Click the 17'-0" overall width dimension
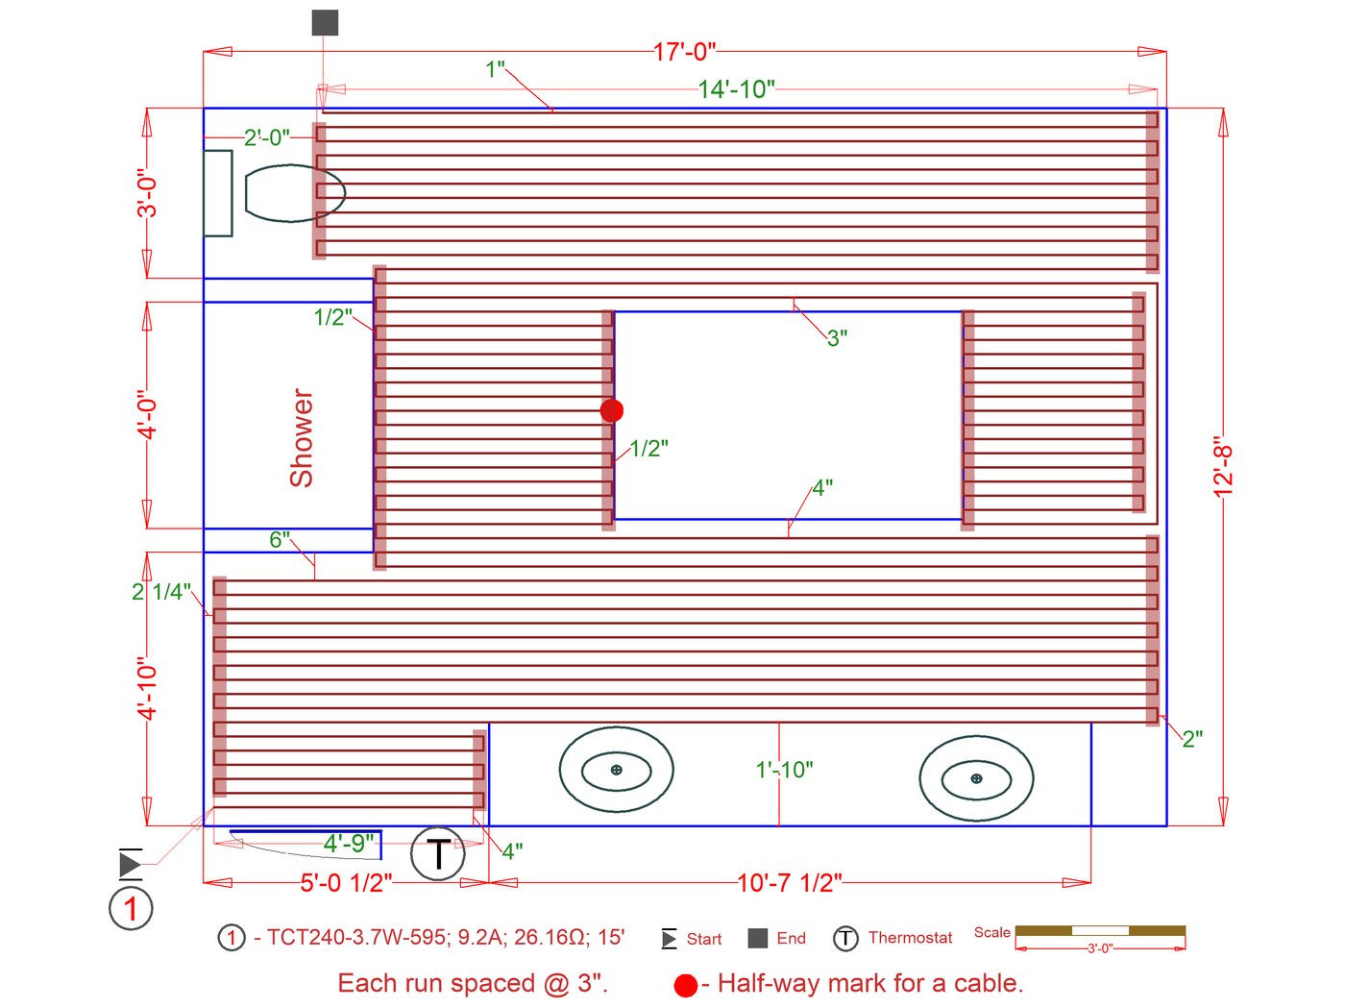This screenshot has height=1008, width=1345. pos(684,52)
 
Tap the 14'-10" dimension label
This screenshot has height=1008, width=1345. pos(736,89)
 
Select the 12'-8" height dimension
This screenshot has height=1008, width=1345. pos(1222,466)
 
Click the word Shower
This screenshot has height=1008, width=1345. pos(302,437)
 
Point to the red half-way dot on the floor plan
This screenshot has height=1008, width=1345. pos(612,410)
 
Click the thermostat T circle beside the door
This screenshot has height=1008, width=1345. pos(437,853)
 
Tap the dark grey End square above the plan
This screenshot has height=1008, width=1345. pos(325,23)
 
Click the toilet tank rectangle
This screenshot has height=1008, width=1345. pos(217,193)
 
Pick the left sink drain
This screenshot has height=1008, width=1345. pos(617,770)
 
